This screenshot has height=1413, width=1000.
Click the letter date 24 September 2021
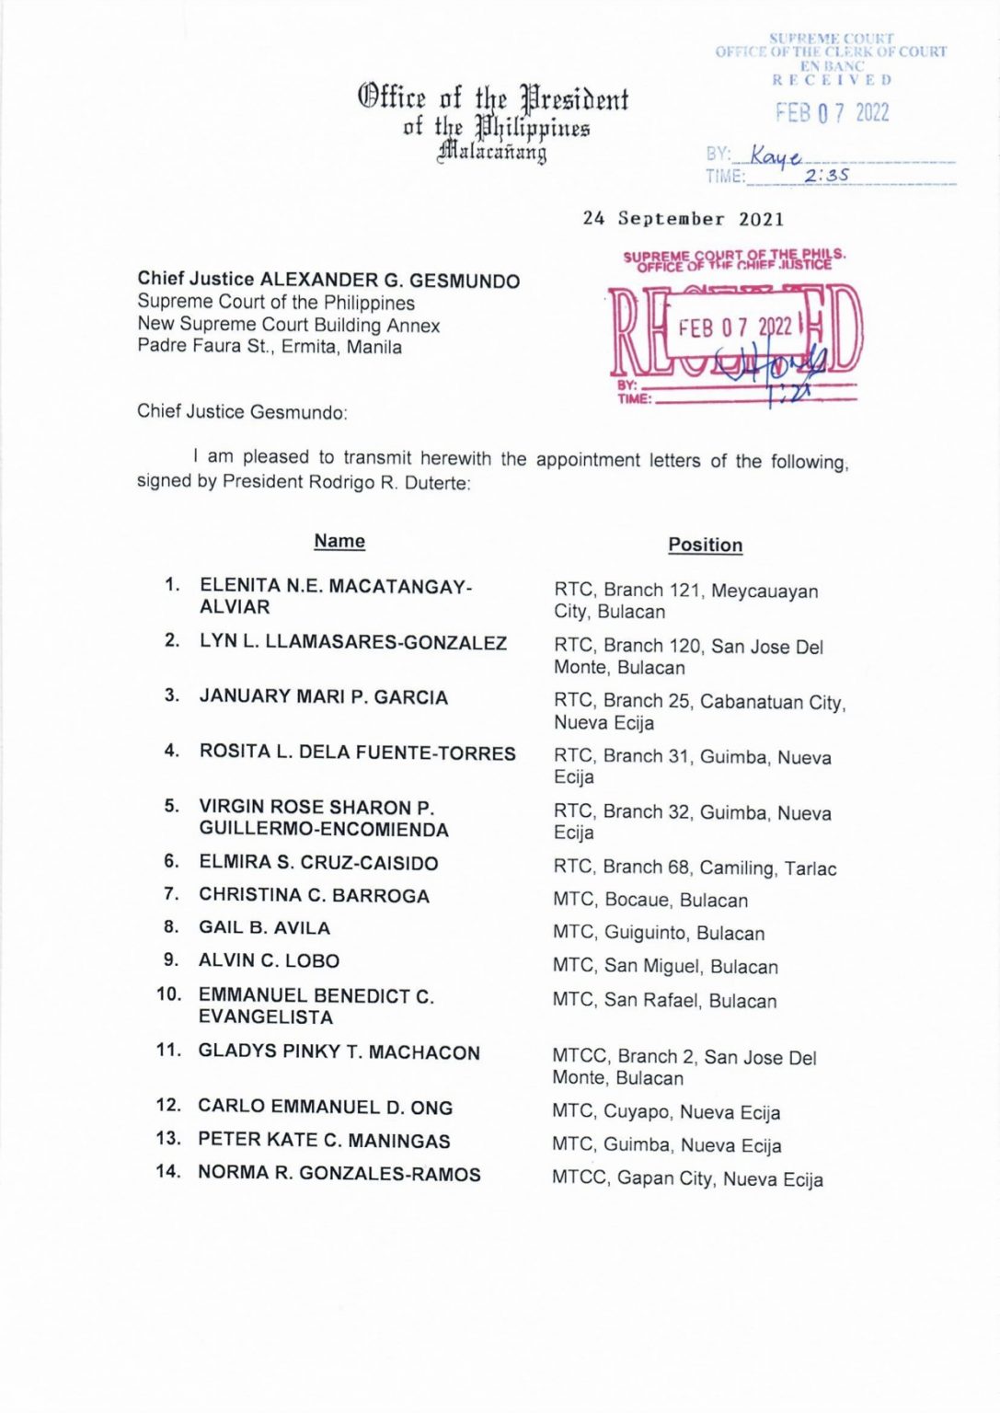[684, 219]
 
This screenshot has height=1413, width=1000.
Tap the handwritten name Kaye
[775, 155]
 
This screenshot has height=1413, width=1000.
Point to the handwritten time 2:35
[826, 175]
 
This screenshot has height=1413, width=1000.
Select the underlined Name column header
[339, 541]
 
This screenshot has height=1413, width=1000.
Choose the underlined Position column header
[705, 545]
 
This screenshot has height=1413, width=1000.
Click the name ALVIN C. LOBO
[269, 960]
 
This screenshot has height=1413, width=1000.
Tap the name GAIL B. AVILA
[264, 927]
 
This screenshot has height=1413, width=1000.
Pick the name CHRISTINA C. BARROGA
[314, 895]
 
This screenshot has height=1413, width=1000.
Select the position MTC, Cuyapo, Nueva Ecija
[666, 1112]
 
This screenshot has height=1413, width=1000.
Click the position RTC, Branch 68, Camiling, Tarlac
[695, 867]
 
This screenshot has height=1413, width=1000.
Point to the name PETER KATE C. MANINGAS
[324, 1141]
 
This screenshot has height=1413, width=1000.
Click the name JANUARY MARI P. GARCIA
[323, 697]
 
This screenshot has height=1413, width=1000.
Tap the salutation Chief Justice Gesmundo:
[242, 412]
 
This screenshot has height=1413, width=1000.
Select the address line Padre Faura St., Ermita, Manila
[269, 347]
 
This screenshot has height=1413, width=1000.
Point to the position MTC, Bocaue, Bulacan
[649, 901]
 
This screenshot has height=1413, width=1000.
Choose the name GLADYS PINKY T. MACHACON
[339, 1052]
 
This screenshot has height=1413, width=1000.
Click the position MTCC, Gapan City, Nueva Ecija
[687, 1179]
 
